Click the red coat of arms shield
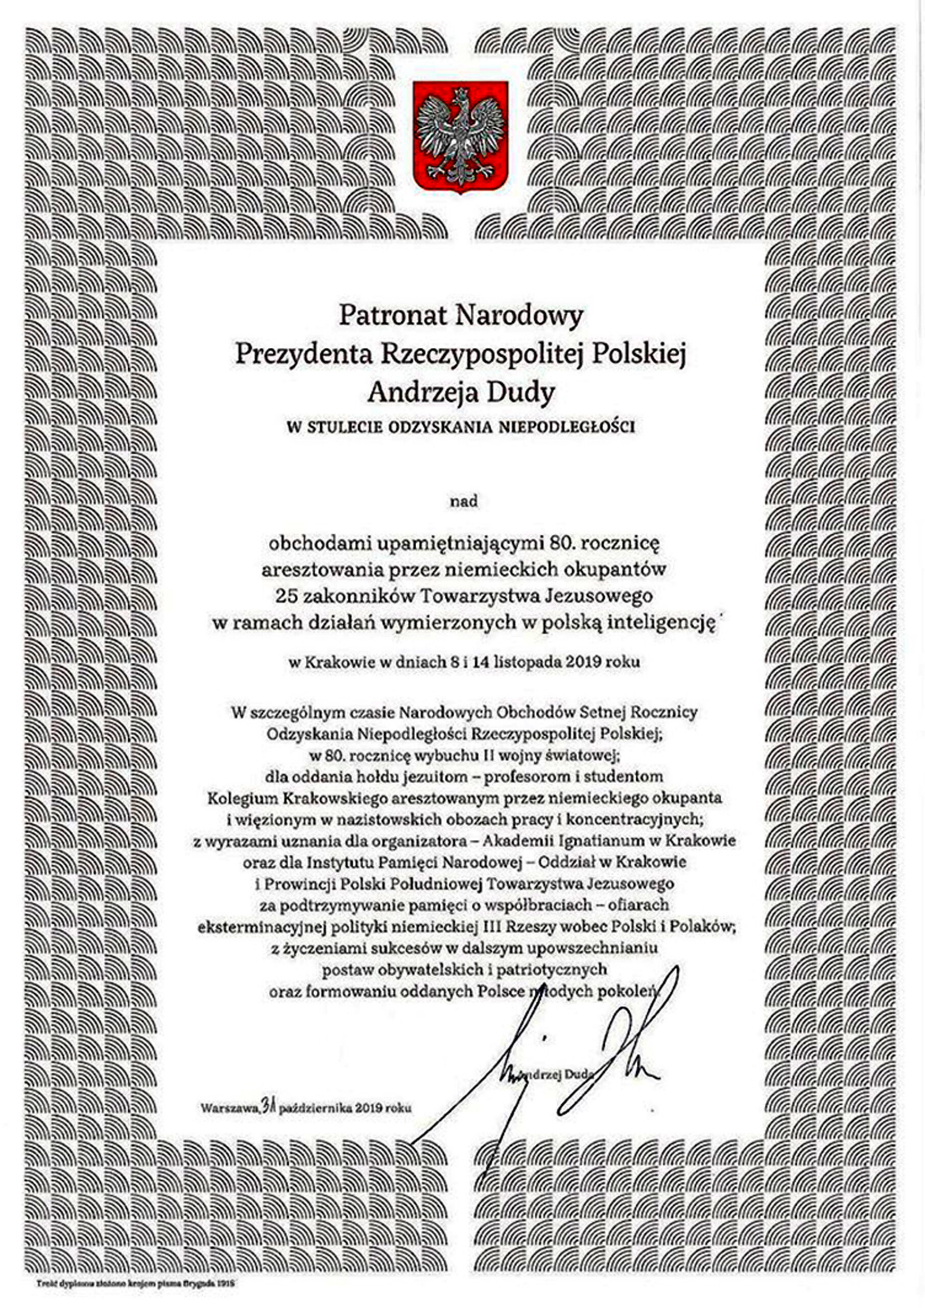tap(460, 137)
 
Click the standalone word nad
tap(463, 502)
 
